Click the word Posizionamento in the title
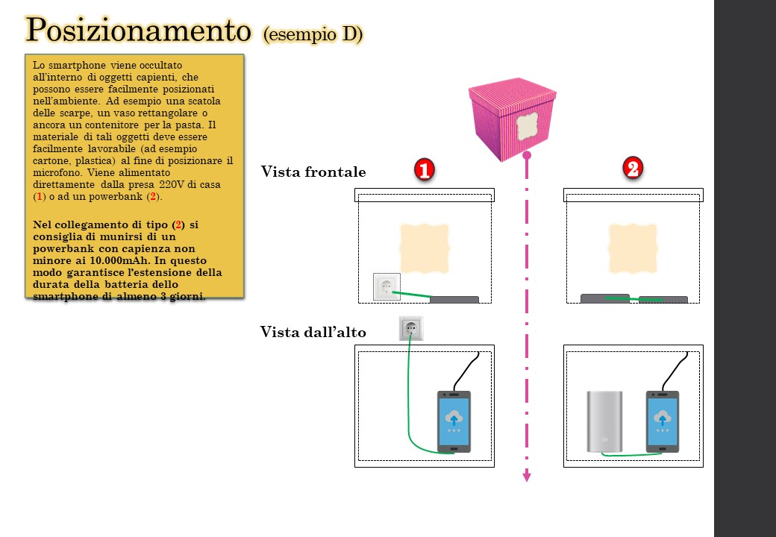pyautogui.click(x=138, y=30)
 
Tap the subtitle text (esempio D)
pyautogui.click(x=313, y=34)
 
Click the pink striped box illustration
pyautogui.click(x=512, y=119)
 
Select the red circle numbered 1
pyautogui.click(x=424, y=169)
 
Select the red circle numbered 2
pyautogui.click(x=633, y=168)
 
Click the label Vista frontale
pyautogui.click(x=313, y=172)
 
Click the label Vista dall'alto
pyautogui.click(x=313, y=332)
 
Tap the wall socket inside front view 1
pyautogui.click(x=387, y=286)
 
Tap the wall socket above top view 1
pyautogui.click(x=411, y=328)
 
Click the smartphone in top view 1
pyautogui.click(x=454, y=422)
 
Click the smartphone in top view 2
pyautogui.click(x=662, y=422)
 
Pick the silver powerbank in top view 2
pyautogui.click(x=605, y=422)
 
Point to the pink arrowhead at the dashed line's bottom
pyautogui.click(x=527, y=476)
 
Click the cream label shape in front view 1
pyautogui.click(x=424, y=248)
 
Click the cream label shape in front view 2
pyautogui.click(x=633, y=248)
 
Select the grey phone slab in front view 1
pyautogui.click(x=454, y=300)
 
